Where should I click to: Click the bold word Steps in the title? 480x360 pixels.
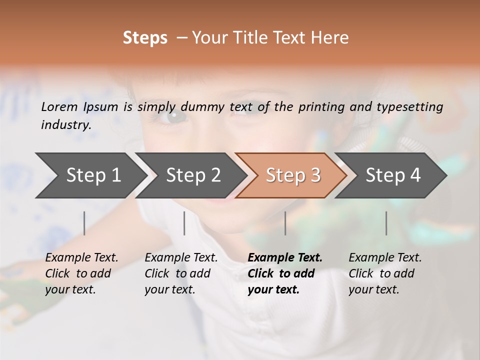[x=145, y=38]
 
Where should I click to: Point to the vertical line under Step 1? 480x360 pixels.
[x=84, y=223]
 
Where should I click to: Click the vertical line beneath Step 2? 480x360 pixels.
[x=184, y=223]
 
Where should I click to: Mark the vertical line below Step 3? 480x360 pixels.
[x=285, y=223]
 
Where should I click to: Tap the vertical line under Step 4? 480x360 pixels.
[x=386, y=223]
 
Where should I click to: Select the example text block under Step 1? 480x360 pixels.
[x=81, y=273]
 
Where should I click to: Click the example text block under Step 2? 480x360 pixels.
[x=181, y=273]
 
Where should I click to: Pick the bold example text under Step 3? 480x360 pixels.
[x=285, y=273]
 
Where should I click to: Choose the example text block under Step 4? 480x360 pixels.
[x=385, y=273]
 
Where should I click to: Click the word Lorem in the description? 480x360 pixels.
[x=59, y=107]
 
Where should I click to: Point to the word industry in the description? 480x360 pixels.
[x=65, y=125]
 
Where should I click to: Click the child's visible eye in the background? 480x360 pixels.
[x=175, y=117]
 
